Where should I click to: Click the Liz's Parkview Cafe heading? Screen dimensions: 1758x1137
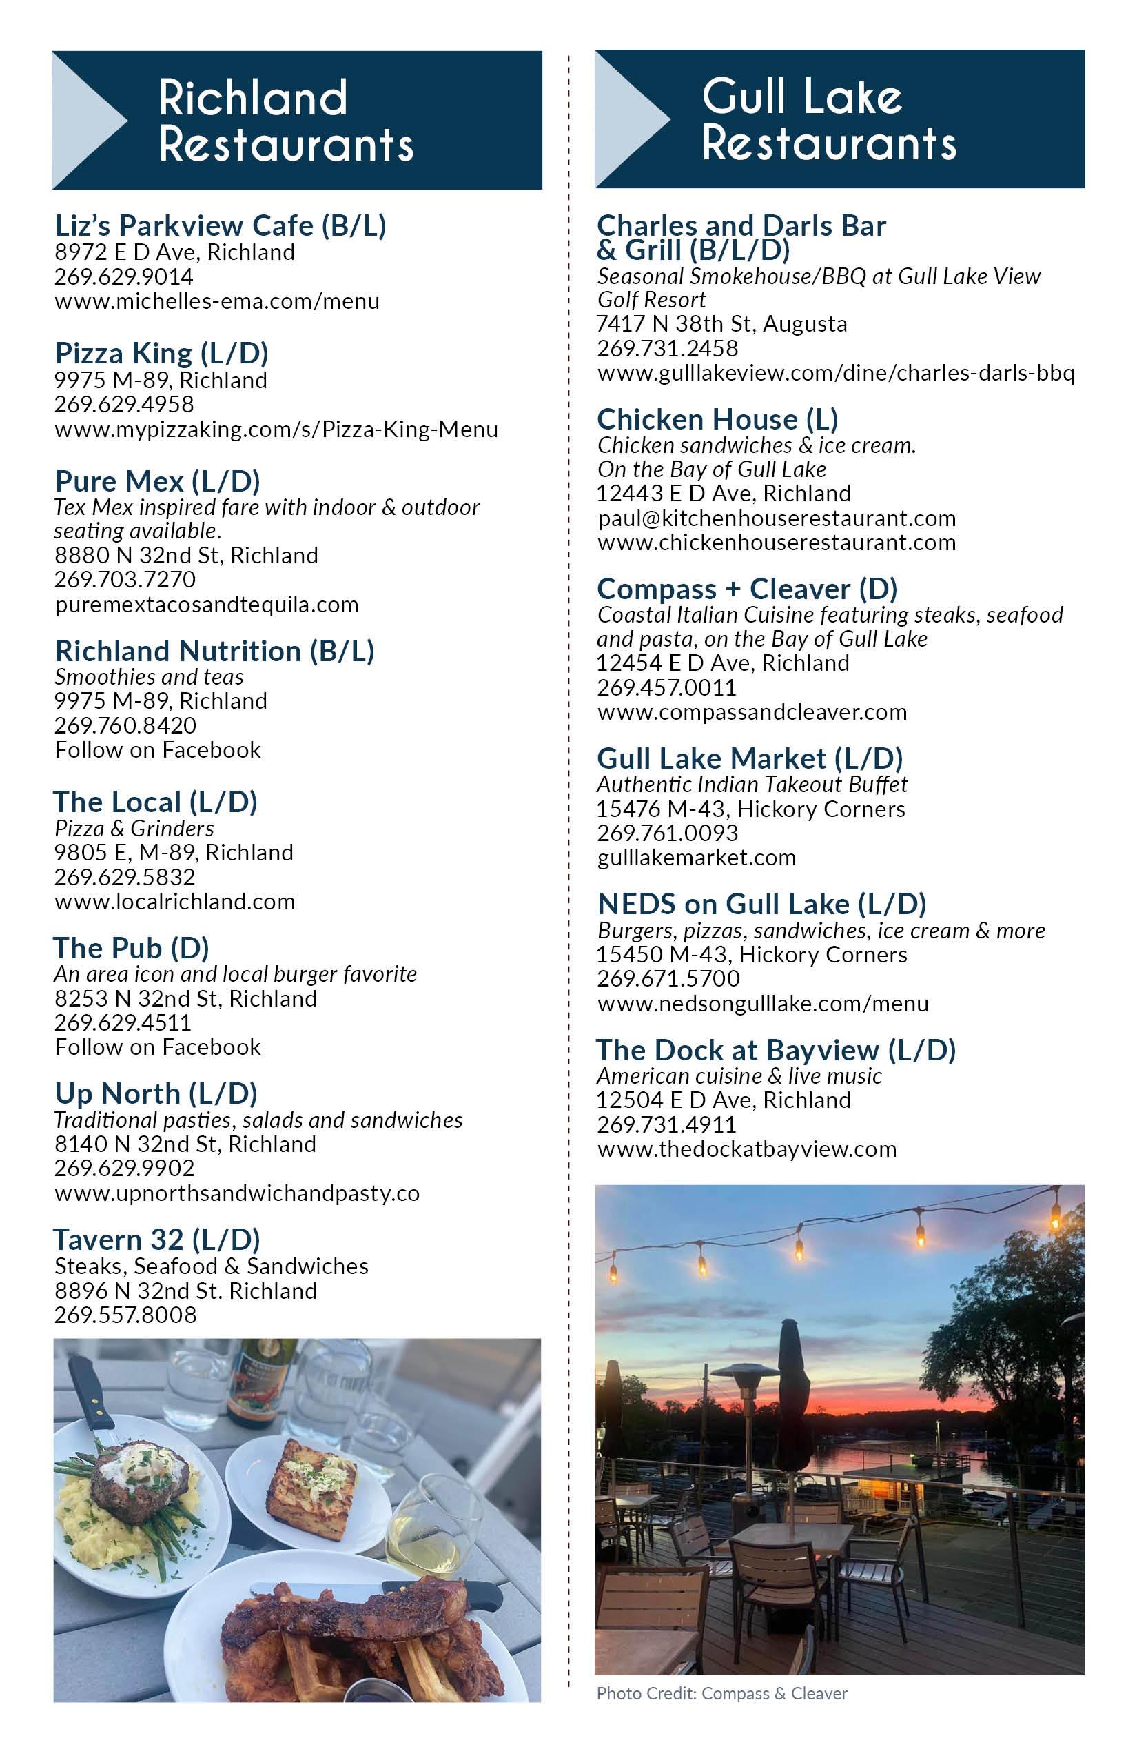pos(220,225)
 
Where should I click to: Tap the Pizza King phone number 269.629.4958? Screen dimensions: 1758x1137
pos(124,405)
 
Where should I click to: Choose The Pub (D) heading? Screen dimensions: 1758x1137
pos(132,948)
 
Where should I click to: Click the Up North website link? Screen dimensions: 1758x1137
pos(237,1193)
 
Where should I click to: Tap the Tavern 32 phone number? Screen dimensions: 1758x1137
pos(125,1315)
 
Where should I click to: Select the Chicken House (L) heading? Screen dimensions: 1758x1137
pos(717,420)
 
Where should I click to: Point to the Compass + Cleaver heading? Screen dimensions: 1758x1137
pos(746,589)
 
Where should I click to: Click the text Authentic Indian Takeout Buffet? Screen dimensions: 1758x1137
pos(752,784)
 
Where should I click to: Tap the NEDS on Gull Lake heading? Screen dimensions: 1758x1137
pos(761,903)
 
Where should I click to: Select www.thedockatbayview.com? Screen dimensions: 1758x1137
pos(746,1149)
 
